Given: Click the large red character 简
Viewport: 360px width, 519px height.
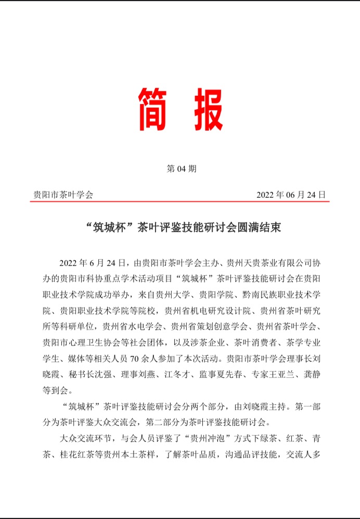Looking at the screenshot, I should point(155,109).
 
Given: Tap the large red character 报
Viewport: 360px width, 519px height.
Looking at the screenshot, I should point(204,109).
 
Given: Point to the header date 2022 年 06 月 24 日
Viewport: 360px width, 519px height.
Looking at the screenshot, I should point(291,195).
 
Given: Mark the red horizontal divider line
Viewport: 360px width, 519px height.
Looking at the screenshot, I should point(179,202).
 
